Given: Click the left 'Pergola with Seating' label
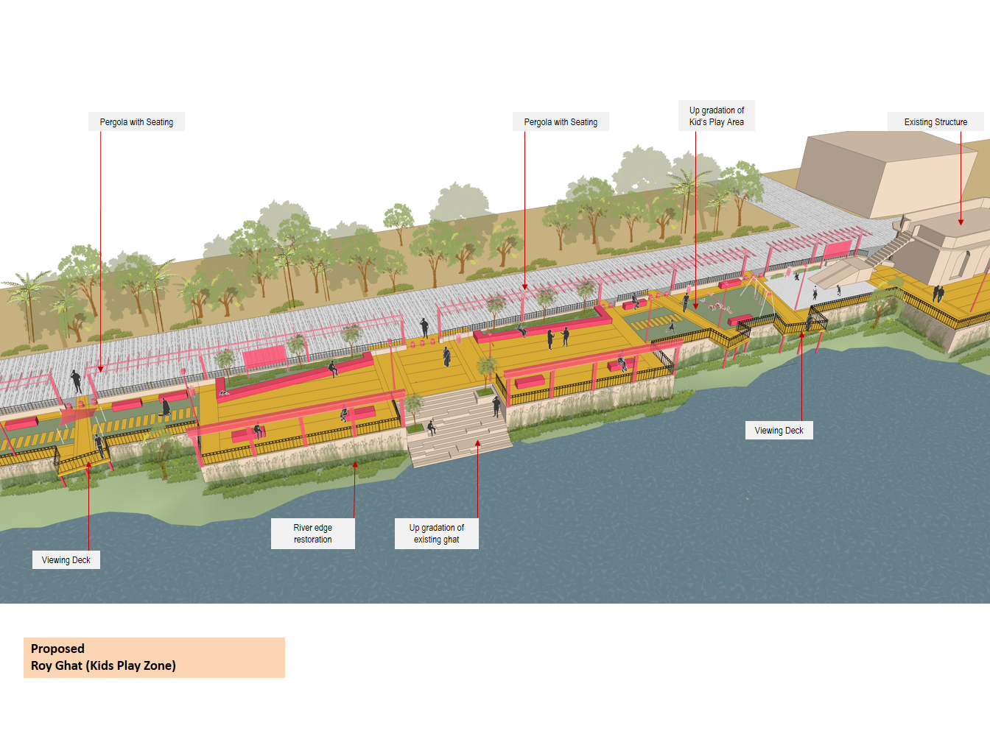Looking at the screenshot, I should (136, 122).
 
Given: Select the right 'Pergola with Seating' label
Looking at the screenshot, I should (561, 122).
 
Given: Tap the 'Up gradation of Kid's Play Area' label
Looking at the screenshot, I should (716, 116).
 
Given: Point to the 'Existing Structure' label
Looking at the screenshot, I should (935, 122).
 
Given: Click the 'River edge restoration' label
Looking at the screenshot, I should (312, 534).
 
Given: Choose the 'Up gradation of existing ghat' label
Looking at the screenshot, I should (436, 534).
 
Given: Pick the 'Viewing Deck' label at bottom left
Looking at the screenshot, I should (66, 560).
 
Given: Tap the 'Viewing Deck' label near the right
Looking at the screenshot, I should (779, 431).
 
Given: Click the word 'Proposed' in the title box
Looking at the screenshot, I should (57, 649).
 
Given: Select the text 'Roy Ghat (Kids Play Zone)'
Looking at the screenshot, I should (103, 665).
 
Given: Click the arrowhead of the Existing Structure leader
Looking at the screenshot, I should (961, 222).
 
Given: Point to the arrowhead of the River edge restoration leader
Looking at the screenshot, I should (354, 464).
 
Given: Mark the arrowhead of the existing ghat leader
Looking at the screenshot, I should (477, 443).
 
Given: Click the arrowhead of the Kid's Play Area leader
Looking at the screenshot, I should (695, 305).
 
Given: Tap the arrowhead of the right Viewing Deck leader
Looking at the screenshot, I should (802, 336).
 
